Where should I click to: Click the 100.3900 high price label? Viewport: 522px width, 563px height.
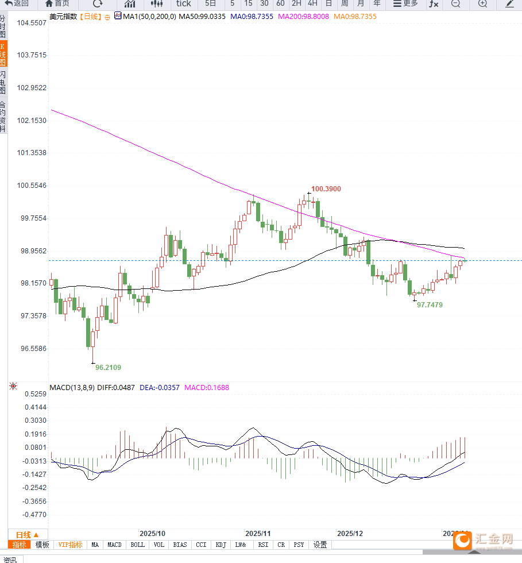[x=326, y=189]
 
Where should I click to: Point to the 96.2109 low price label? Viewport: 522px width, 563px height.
[x=108, y=368]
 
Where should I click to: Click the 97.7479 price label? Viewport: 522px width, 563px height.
[x=430, y=305]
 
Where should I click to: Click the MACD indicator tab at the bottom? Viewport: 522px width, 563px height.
[x=114, y=545]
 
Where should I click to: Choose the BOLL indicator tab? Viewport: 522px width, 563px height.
[x=138, y=545]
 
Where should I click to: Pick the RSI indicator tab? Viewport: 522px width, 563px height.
[x=263, y=545]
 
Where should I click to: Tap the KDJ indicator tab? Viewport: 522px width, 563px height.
[x=221, y=545]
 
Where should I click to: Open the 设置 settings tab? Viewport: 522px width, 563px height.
[x=320, y=545]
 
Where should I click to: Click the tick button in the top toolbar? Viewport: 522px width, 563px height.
[x=183, y=4]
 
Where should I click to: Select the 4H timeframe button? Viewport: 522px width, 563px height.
[x=312, y=4]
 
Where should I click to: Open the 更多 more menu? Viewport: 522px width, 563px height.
[x=405, y=4]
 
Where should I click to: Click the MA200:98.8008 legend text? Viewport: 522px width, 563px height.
[x=303, y=17]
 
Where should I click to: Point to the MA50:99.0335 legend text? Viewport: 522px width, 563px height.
[x=202, y=17]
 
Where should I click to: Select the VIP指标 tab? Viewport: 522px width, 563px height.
[x=70, y=545]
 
